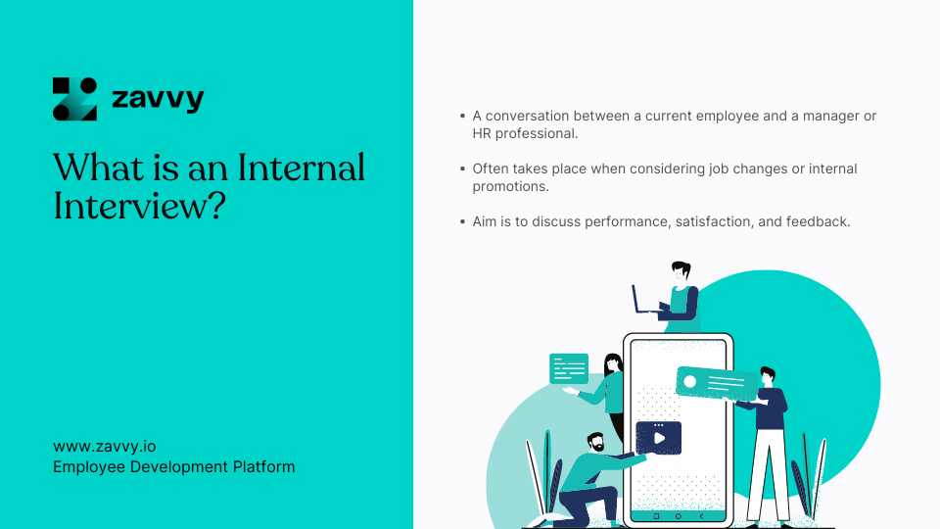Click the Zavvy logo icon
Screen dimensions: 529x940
point(74,99)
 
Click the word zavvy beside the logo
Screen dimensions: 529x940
point(158,99)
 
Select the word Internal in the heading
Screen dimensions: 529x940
point(302,168)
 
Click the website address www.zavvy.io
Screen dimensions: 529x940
point(105,447)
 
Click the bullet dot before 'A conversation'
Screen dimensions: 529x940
point(463,117)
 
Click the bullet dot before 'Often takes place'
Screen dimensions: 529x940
point(463,169)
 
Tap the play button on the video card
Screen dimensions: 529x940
point(659,438)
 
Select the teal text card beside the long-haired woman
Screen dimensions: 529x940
point(569,368)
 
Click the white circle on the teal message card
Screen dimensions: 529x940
point(690,381)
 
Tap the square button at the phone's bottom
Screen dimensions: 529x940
point(656,514)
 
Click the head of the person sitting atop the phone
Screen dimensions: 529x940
point(681,271)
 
